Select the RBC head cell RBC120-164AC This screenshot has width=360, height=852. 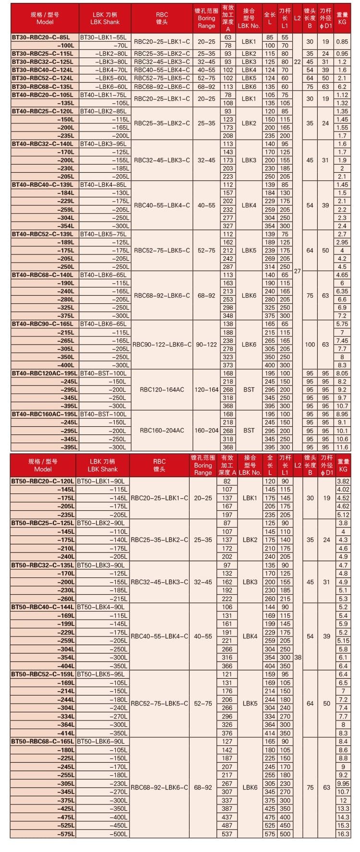(x=162, y=389)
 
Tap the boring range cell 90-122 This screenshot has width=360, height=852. (x=206, y=345)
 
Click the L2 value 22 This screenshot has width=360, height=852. (x=297, y=61)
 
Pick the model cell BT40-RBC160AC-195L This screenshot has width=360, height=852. (x=44, y=414)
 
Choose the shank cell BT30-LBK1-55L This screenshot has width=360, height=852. (x=103, y=37)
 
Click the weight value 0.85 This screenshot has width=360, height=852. (x=342, y=41)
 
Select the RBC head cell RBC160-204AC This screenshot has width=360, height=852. (x=162, y=431)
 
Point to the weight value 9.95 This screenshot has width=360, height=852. (x=343, y=783)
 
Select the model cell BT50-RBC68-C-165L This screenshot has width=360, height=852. (x=43, y=741)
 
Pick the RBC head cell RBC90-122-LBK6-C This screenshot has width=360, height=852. (x=162, y=345)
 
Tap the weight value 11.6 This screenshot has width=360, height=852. (x=342, y=447)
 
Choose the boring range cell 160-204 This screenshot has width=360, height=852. (x=206, y=431)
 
